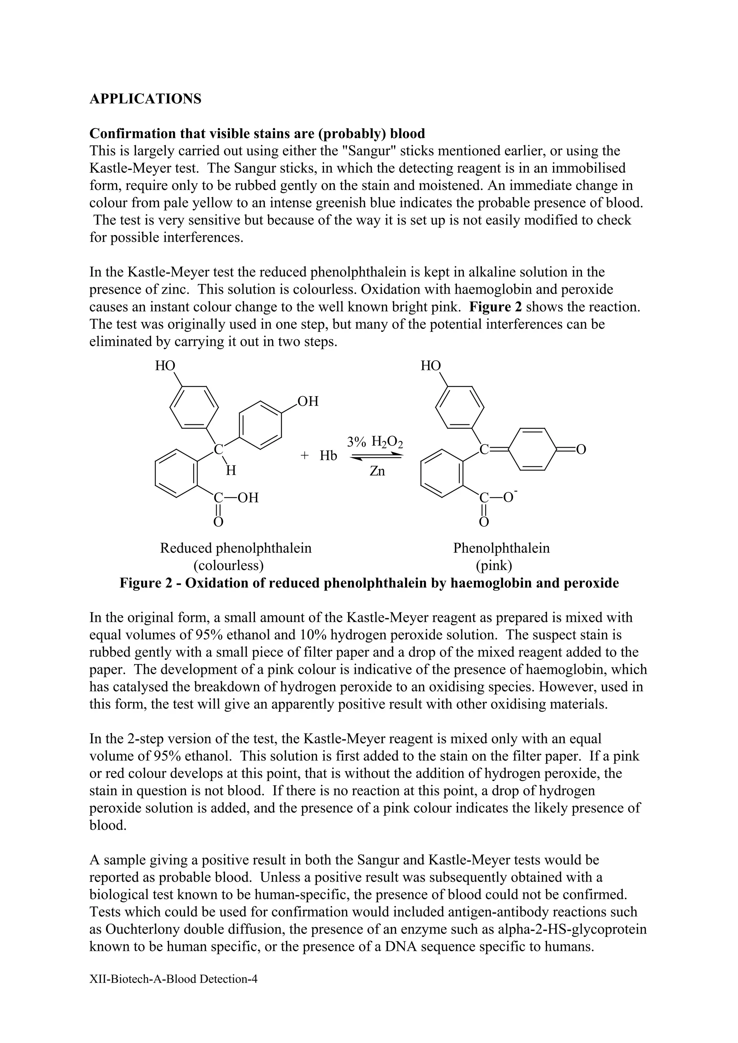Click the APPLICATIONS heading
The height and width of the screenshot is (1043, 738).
(145, 99)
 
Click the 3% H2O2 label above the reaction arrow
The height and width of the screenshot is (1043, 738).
(375, 442)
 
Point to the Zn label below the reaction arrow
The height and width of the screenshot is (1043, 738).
(377, 471)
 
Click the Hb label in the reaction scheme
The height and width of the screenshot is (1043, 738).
(328, 456)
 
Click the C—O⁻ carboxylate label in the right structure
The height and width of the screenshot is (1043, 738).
(498, 497)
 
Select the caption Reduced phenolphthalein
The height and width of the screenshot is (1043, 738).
(236, 548)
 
